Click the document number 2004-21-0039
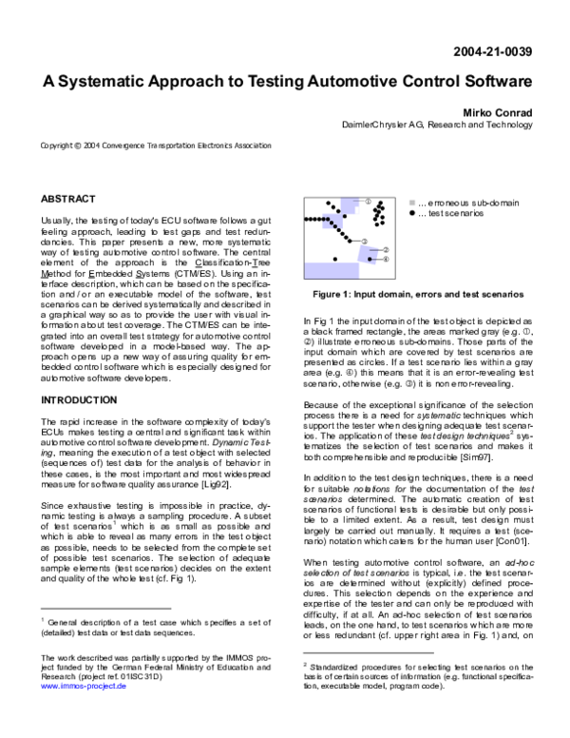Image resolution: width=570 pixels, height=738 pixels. coord(493,51)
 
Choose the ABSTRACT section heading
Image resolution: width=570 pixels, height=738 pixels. coord(67,199)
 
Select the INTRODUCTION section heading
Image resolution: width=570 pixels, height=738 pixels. coord(79,400)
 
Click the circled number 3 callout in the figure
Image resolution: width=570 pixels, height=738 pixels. coord(364,241)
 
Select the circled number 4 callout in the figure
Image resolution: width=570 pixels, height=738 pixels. coord(385,259)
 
